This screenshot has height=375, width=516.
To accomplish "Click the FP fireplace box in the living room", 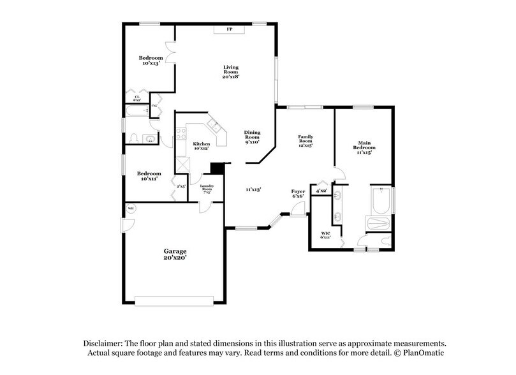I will [228, 30].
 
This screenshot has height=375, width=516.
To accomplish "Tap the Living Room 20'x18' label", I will [231, 71].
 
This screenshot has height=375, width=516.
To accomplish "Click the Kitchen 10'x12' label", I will [202, 147].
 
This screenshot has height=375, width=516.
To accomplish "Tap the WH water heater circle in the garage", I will [131, 209].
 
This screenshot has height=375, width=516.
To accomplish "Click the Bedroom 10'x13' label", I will [151, 61].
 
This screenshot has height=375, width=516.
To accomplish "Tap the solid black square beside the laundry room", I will [217, 167].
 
